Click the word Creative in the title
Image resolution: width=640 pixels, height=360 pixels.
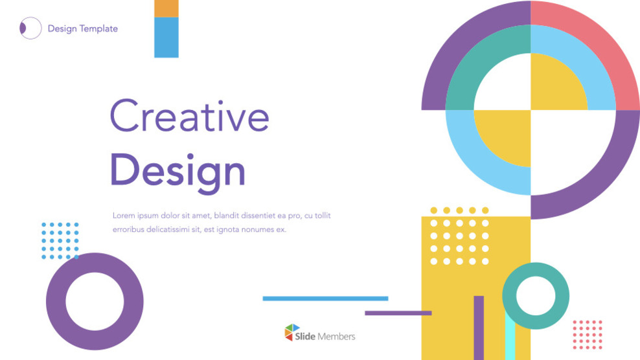point(189,117)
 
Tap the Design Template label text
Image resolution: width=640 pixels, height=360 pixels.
point(83,28)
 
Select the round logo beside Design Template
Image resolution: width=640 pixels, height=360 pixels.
point(30,28)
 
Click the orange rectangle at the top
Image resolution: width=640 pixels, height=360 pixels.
point(166,8)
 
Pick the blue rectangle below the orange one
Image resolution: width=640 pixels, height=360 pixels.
point(166,38)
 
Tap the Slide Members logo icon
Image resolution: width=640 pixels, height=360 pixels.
point(292,333)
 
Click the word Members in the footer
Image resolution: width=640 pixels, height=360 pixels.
point(336,336)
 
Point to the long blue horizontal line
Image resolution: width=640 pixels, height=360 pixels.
point(325,298)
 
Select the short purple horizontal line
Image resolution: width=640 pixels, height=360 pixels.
point(398,313)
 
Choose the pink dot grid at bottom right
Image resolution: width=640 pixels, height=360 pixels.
point(588,335)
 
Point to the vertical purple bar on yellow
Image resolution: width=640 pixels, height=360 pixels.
point(479,328)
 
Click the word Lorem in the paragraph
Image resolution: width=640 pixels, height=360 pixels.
point(123,216)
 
